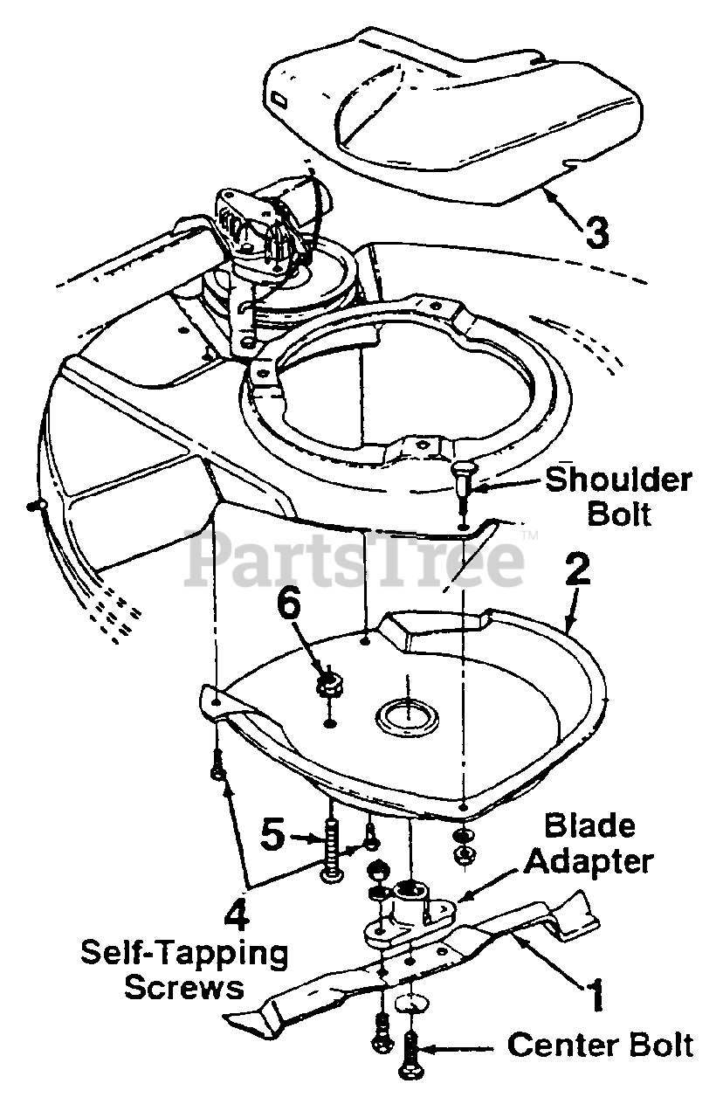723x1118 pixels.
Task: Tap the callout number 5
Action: click(273, 836)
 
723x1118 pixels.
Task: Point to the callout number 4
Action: click(237, 914)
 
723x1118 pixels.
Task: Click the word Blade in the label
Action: click(590, 826)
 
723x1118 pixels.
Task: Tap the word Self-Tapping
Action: click(184, 953)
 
